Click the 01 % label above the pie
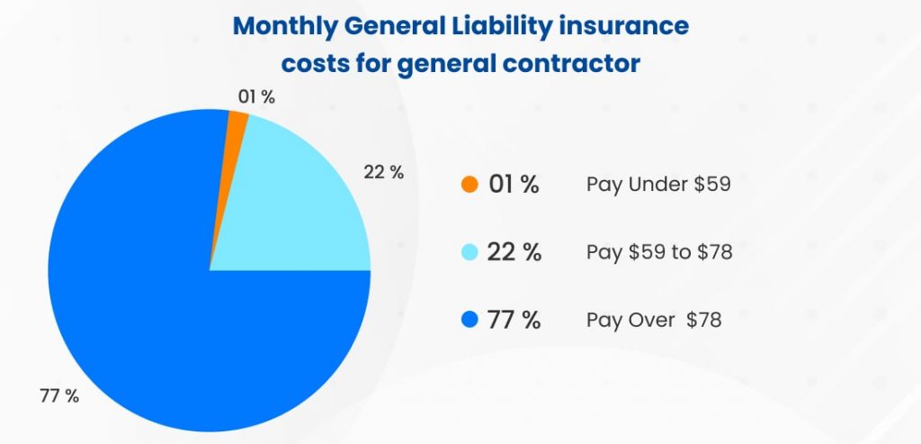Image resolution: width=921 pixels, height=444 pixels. (257, 97)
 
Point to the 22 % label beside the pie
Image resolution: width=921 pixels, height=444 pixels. (384, 172)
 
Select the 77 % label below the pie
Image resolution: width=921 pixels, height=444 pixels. (58, 395)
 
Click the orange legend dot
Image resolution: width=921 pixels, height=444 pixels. (469, 185)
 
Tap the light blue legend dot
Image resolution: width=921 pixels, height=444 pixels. (469, 252)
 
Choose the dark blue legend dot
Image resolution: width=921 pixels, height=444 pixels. (469, 320)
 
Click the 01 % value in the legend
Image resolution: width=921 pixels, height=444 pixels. (514, 185)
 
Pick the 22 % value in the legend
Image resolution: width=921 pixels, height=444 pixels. (514, 252)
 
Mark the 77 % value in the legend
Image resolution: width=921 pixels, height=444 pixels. (514, 320)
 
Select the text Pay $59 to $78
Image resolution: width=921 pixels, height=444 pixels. (659, 252)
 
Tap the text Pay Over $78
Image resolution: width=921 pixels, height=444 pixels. (654, 320)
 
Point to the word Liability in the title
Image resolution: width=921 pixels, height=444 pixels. (505, 26)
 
